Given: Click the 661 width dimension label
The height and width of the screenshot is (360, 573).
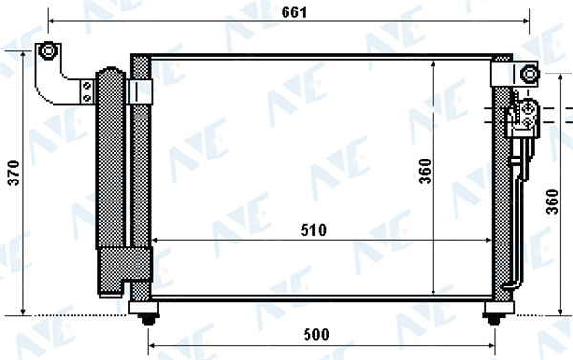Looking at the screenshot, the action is point(294,12).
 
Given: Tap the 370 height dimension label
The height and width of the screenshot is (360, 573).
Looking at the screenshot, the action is point(14,173).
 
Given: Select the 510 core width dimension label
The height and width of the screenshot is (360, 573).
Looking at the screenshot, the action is point(313,230).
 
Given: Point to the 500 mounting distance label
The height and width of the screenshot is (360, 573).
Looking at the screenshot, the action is point(316,334).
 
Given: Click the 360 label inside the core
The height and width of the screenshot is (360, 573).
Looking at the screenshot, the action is point(426,172).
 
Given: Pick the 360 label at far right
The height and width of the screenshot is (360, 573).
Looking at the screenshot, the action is point(552,201).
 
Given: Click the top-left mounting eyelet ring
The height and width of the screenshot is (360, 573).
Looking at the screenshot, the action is point(48,51).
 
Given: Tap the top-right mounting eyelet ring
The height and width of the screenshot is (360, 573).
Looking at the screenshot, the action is point(529,74).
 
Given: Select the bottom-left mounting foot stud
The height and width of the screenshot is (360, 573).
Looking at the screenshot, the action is point(148,320).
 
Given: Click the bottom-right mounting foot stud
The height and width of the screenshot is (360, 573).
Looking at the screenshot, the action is point(495,320).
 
